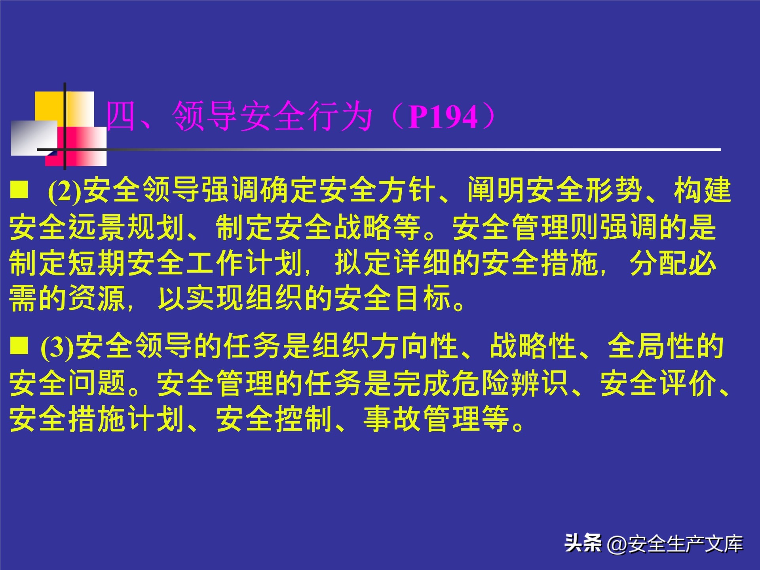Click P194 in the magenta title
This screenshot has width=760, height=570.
click(x=443, y=117)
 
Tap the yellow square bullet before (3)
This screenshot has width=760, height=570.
click(x=19, y=345)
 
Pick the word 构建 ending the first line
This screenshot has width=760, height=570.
click(x=703, y=190)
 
